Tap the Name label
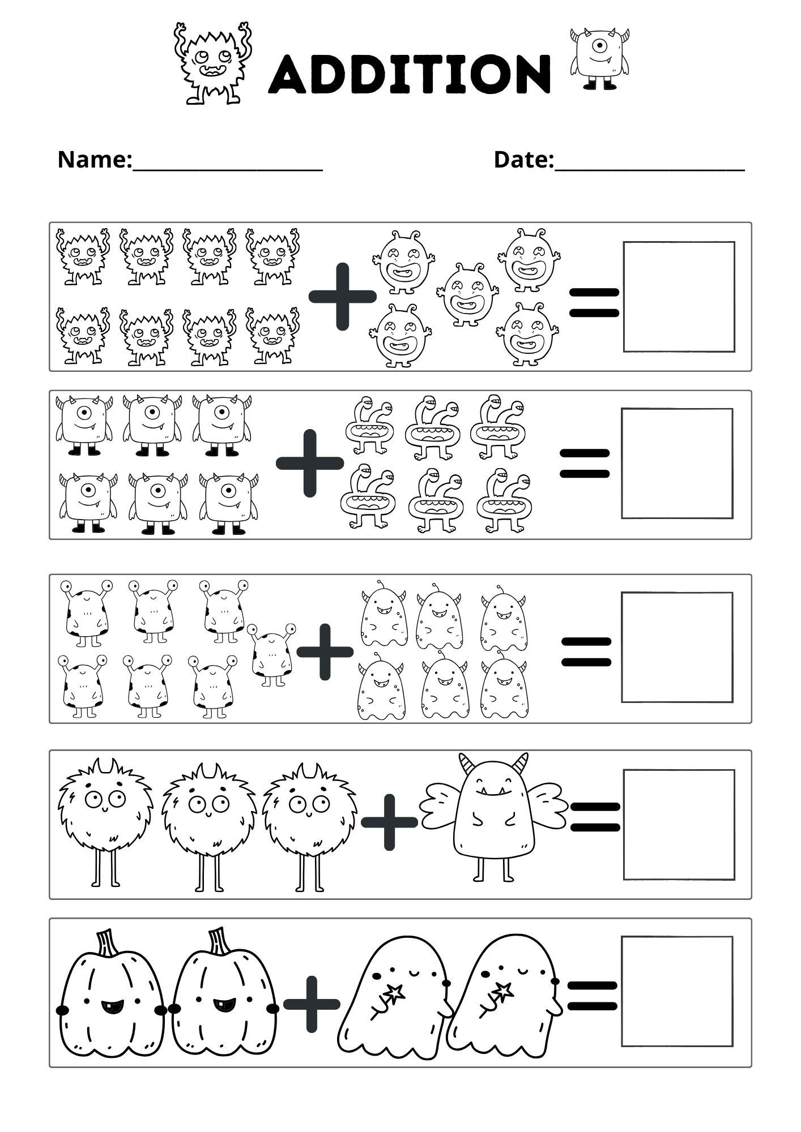[94, 160]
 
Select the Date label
[523, 160]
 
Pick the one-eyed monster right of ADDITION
[600, 59]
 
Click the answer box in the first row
[679, 297]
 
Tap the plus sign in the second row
[309, 463]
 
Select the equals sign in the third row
[586, 651]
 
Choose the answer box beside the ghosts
[676, 991]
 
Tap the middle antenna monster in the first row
[467, 295]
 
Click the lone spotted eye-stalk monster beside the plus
[271, 654]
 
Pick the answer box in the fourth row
[679, 824]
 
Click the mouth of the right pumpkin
[223, 1006]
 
